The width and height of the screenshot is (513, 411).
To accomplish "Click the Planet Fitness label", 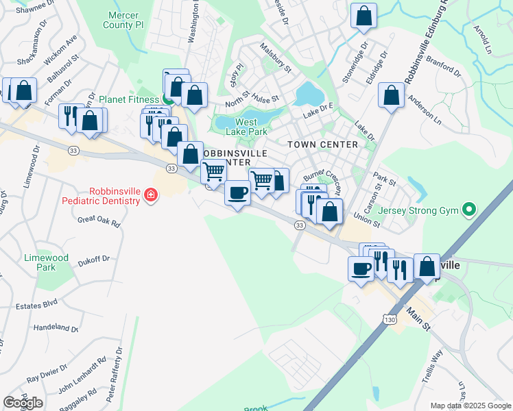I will (x=128, y=99).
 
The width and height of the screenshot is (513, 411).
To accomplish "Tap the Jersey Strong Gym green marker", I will (x=469, y=209).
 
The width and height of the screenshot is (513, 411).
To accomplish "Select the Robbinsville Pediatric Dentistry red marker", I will (x=150, y=197).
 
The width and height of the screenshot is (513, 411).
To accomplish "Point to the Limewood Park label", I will (x=46, y=262).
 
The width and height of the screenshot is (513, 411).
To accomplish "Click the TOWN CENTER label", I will (x=322, y=145).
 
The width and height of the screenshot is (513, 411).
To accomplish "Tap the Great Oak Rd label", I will (x=99, y=221).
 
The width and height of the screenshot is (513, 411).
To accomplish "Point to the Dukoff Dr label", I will (x=94, y=260).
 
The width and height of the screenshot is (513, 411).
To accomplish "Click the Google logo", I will (x=22, y=402).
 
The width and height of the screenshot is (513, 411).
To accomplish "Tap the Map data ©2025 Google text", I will (x=470, y=406).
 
